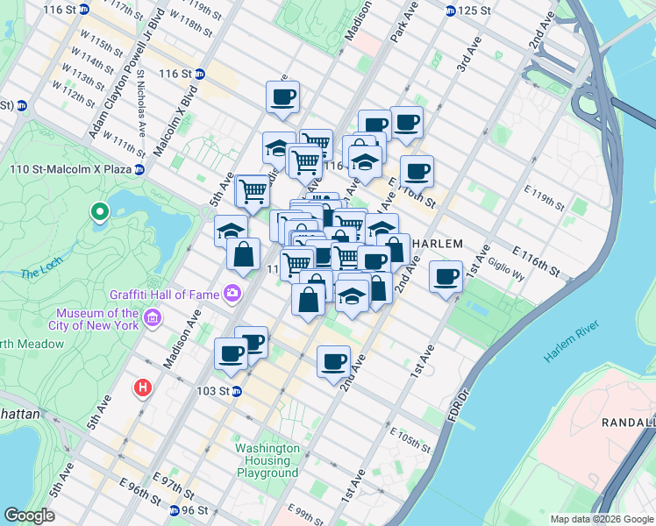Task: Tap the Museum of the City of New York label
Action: [96, 319]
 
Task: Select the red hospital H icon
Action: [142, 387]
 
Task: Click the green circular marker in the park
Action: [100, 211]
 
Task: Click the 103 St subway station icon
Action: [236, 391]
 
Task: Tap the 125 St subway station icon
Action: [450, 11]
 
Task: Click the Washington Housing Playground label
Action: [267, 460]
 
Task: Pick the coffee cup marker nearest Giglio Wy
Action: [446, 277]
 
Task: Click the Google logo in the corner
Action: [29, 515]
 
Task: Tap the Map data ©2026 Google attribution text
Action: [602, 519]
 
